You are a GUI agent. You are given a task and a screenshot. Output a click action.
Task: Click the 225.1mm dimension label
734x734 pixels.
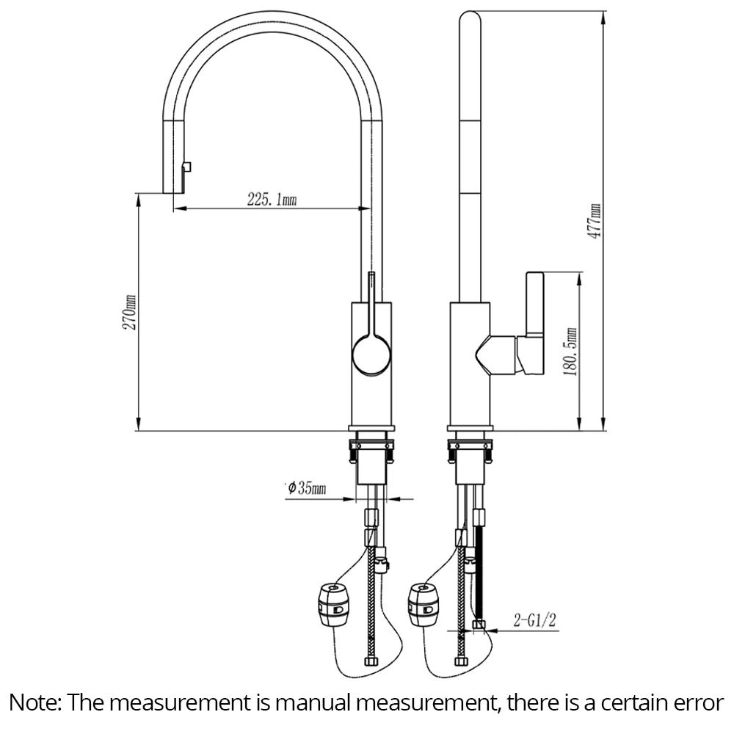click(272, 199)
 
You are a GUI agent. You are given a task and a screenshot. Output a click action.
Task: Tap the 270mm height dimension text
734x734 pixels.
click(131, 311)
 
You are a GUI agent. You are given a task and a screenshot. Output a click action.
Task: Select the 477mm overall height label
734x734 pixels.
click(595, 220)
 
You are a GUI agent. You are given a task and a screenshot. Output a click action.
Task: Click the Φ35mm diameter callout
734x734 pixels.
click(308, 488)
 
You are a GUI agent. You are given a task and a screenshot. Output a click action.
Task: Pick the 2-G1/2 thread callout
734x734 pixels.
click(534, 622)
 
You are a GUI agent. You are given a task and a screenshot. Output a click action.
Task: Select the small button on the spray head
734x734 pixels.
click(187, 167)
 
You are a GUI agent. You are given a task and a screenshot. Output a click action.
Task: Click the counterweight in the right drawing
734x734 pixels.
click(424, 603)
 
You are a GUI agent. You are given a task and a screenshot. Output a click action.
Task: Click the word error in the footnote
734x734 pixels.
click(698, 702)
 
